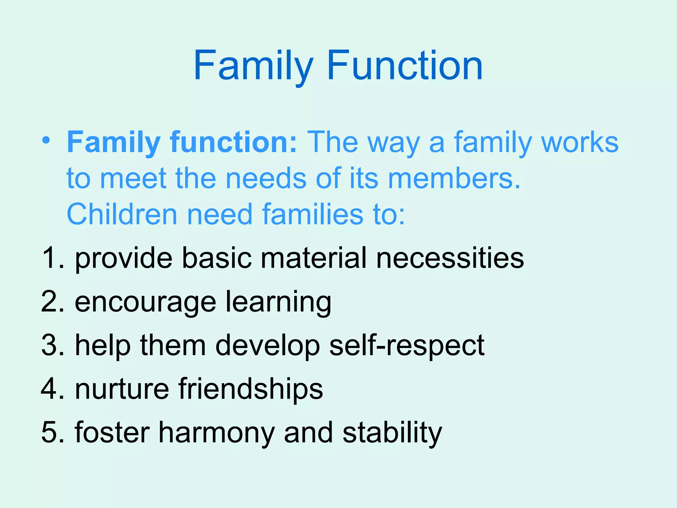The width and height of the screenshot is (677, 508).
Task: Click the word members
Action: point(454,178)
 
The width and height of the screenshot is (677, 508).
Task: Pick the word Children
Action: point(122,214)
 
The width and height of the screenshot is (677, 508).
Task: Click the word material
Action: point(314,258)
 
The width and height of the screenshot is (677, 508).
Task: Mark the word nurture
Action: point(122,389)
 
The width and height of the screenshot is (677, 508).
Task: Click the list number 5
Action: point(50,432)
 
